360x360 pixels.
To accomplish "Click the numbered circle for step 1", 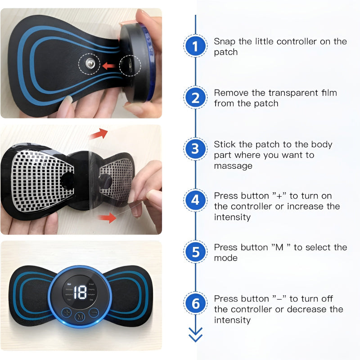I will point(195,46).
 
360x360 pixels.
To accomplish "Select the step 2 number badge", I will point(195,98).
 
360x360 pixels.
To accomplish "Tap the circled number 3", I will point(195,149).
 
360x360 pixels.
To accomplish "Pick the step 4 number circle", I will point(195,201).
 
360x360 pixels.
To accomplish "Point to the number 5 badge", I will point(195,252).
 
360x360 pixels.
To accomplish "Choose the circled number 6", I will point(195,304).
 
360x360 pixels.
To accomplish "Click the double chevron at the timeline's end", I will point(195,334).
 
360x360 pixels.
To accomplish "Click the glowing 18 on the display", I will point(81,292).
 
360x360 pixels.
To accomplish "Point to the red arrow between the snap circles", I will point(108,66).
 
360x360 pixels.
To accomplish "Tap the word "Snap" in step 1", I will point(225,41).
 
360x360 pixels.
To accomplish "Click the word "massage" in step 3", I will point(233,166).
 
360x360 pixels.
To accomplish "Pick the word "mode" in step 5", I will point(226,258).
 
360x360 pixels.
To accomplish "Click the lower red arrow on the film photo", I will point(106,218).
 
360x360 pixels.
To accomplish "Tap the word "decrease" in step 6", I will point(303,309).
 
